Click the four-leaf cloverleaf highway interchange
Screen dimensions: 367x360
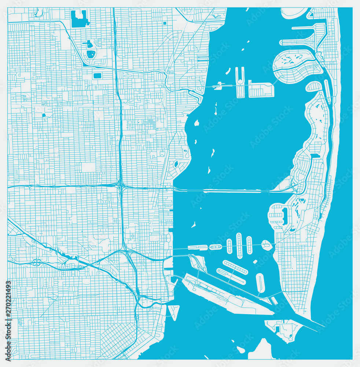[x=36, y=262]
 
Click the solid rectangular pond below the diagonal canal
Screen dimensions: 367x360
[x=97, y=76]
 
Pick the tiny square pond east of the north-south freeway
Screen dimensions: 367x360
[x=164, y=23]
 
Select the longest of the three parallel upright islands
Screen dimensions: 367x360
[x=239, y=245]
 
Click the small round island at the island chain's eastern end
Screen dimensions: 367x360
[x=267, y=245]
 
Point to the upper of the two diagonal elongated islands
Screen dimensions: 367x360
[x=235, y=267]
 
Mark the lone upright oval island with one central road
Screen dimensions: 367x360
[x=260, y=283]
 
